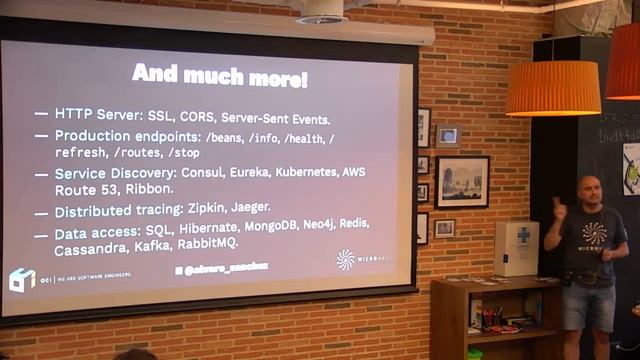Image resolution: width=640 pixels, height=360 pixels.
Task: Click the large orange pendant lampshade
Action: (552, 88)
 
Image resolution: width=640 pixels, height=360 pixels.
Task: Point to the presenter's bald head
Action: (588, 188)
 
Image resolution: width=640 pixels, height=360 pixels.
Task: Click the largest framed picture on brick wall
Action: (462, 182)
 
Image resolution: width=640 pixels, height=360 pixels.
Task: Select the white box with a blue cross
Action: (516, 248)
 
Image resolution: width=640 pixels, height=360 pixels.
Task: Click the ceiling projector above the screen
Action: (322, 12)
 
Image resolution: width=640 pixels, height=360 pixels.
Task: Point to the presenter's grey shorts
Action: (588, 306)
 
